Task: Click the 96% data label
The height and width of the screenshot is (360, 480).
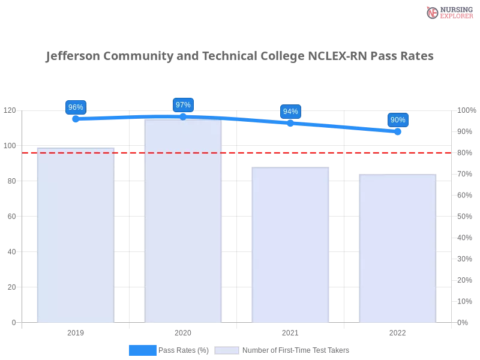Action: point(76,107)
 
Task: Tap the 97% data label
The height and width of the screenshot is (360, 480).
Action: point(183,105)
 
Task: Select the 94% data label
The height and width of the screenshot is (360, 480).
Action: point(290,112)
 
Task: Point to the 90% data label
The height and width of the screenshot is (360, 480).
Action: point(398,120)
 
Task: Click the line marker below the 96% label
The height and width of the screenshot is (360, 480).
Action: point(76,119)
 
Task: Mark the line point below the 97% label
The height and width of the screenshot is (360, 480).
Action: point(183,116)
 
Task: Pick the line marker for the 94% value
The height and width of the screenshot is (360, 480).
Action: point(290,124)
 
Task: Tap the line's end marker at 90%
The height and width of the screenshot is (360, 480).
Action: point(398,132)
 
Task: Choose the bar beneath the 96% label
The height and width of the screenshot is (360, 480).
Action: point(75,234)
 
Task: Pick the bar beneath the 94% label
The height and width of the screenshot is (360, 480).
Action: point(290,243)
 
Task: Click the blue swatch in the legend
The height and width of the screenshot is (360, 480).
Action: point(143,350)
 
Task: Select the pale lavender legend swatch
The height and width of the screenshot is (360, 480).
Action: point(227,350)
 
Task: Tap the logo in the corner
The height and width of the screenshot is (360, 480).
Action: point(448,12)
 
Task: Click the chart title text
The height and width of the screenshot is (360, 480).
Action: point(240,56)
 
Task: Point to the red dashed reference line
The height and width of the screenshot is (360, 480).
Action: point(240,152)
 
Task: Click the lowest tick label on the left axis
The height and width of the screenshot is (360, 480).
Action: point(13,322)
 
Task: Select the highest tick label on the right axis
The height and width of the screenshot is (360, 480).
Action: point(466,110)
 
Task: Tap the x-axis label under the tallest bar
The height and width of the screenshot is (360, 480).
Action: point(183,331)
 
